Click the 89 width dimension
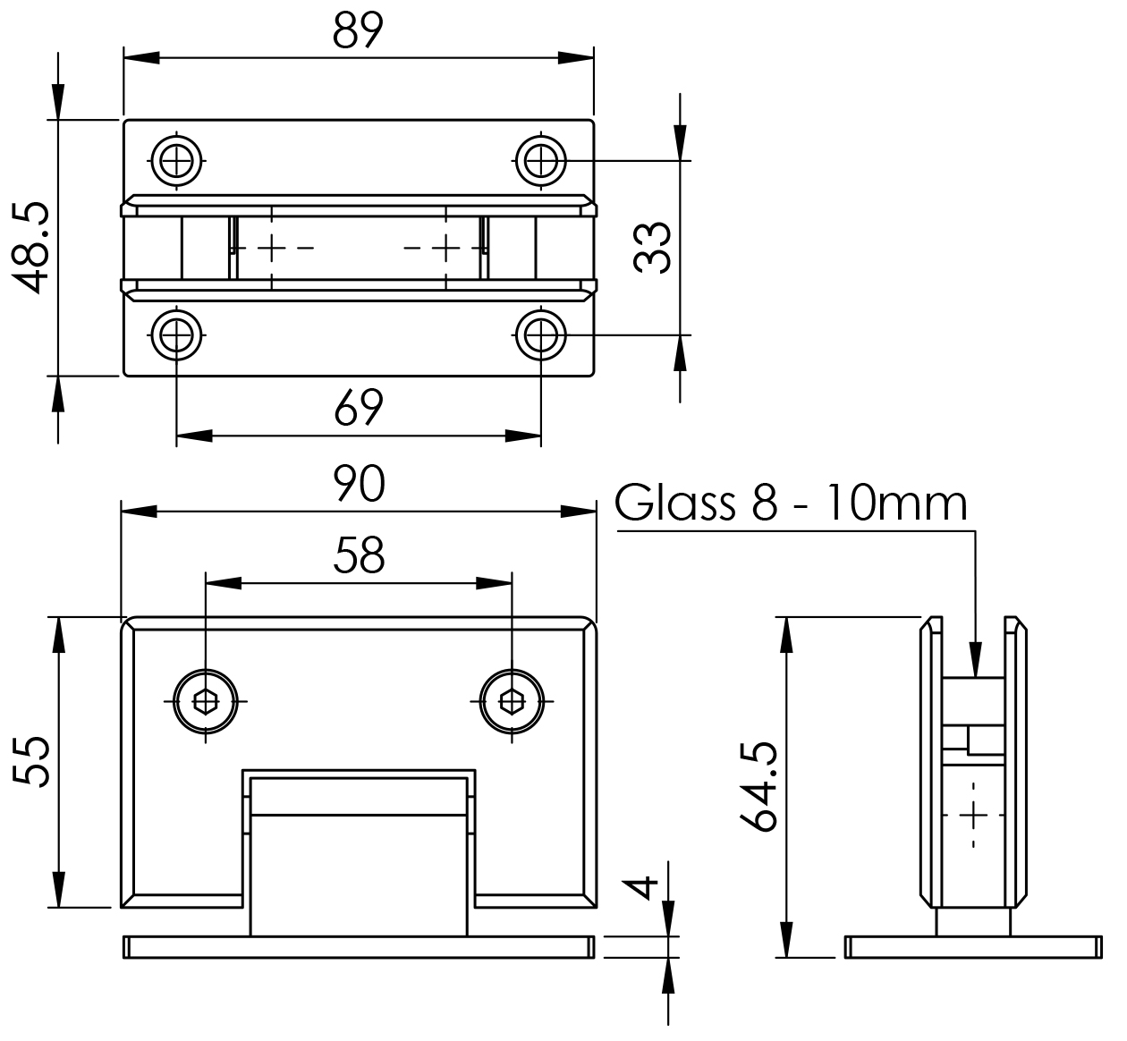click(x=358, y=30)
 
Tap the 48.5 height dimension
click(x=30, y=248)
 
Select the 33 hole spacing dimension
click(x=652, y=248)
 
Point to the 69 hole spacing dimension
click(x=359, y=408)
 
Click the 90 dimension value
click(x=359, y=484)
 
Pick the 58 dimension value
click(x=359, y=555)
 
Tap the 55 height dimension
click(x=31, y=762)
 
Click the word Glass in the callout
click(x=674, y=503)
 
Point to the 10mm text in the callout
click(x=896, y=503)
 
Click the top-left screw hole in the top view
click(x=176, y=161)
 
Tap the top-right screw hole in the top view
click(x=541, y=161)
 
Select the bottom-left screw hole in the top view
click(x=176, y=334)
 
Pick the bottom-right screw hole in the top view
click(x=541, y=334)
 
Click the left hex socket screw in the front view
click(x=206, y=701)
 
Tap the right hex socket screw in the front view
click(x=512, y=701)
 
